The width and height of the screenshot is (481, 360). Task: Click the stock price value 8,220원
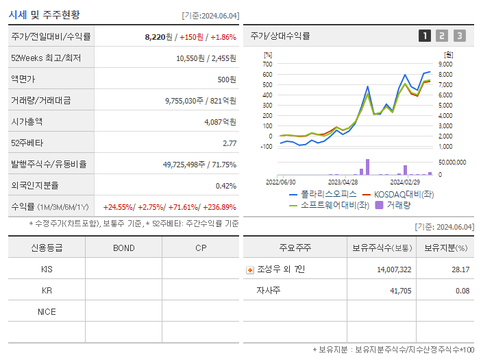(156, 36)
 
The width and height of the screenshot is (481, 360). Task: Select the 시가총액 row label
(27, 122)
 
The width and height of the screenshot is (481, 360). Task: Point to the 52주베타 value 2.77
(229, 143)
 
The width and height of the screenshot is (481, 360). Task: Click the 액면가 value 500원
(227, 80)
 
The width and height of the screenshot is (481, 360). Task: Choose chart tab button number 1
(425, 36)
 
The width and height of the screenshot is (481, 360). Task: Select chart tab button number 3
(459, 36)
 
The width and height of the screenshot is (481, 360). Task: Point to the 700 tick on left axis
(267, 64)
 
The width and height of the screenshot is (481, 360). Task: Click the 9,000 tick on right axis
(445, 64)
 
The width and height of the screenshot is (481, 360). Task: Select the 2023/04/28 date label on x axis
(343, 182)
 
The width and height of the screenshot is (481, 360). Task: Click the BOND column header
(123, 248)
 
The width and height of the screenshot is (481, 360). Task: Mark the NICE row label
(47, 311)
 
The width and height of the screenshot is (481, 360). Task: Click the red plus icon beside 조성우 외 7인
(250, 270)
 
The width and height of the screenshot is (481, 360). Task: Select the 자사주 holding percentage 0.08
(461, 291)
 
